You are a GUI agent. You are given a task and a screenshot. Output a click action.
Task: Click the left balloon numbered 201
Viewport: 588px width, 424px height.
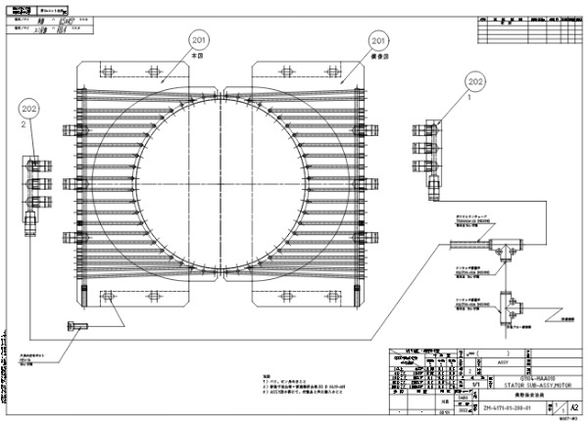(200, 41)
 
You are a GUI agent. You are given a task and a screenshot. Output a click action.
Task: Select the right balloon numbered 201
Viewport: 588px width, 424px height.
(378, 41)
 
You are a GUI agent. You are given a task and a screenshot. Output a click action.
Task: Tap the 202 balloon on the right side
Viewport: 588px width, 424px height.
(475, 81)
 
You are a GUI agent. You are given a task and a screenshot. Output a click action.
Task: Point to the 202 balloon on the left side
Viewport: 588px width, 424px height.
(28, 110)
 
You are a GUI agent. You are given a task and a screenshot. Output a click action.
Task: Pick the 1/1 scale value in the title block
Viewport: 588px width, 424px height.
(473, 387)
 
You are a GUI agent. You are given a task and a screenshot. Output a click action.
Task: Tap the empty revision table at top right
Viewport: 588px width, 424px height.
(527, 29)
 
